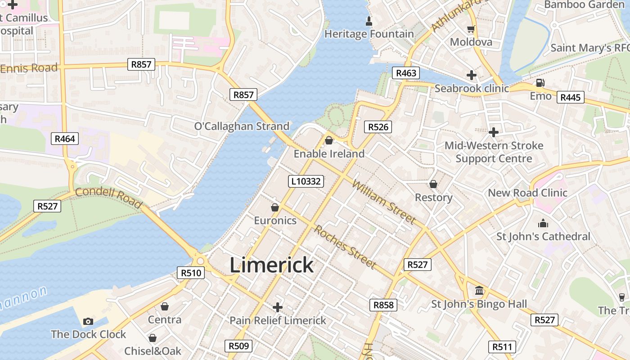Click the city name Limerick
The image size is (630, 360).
[271, 265]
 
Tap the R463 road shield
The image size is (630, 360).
[405, 73]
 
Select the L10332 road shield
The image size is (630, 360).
[306, 181]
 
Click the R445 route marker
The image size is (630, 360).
[570, 97]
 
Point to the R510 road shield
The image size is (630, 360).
[191, 272]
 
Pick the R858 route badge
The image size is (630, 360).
[383, 305]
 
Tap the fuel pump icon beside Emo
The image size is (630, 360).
[540, 83]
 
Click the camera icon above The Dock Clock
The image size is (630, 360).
[88, 321]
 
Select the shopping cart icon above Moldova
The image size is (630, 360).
[471, 29]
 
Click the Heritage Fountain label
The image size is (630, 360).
[369, 34]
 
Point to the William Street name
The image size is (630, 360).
[383, 202]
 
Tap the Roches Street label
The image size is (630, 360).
[345, 246]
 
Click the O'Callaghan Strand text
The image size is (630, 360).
[242, 126]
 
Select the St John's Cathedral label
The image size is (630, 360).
[543, 236]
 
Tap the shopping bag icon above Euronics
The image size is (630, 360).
[275, 207]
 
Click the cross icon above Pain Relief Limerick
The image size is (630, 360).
[278, 307]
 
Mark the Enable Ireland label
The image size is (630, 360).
[329, 153]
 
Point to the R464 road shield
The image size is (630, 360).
[65, 139]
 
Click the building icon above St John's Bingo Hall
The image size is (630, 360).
[479, 291]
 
